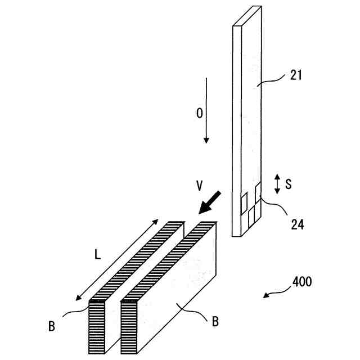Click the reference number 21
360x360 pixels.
pyautogui.click(x=296, y=75)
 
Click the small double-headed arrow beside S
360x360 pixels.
pyautogui.click(x=277, y=184)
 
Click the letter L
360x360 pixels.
pyautogui.click(x=97, y=254)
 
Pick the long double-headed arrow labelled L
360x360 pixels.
pyautogui.click(x=116, y=260)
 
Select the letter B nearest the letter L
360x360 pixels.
pyautogui.click(x=51, y=326)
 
